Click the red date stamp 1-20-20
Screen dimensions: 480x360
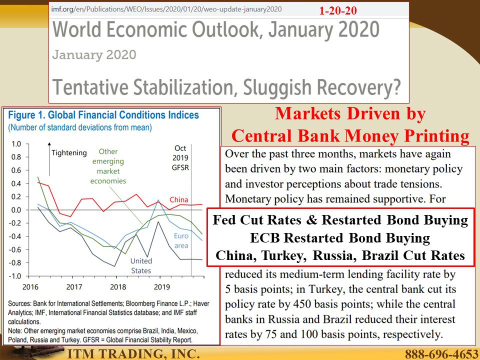(x=337, y=10)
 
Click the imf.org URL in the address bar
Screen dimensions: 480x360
(x=166, y=9)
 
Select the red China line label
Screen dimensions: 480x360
(x=179, y=200)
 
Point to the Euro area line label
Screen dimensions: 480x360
(x=181, y=240)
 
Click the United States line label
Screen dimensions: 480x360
(x=141, y=265)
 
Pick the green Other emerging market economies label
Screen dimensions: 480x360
(x=108, y=166)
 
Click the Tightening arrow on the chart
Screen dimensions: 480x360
(x=49, y=159)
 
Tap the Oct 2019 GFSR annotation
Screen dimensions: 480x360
(x=180, y=158)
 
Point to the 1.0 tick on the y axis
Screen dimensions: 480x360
(x=16, y=144)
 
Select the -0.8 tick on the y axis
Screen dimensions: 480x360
(x=14, y=262)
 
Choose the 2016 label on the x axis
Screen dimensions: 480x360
(x=30, y=287)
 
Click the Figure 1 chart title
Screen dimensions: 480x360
(x=103, y=115)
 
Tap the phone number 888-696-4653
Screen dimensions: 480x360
(x=441, y=354)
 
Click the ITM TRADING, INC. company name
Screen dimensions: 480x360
(x=133, y=354)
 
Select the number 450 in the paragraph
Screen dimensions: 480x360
(x=302, y=304)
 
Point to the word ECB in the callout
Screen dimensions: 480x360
(x=265, y=238)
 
